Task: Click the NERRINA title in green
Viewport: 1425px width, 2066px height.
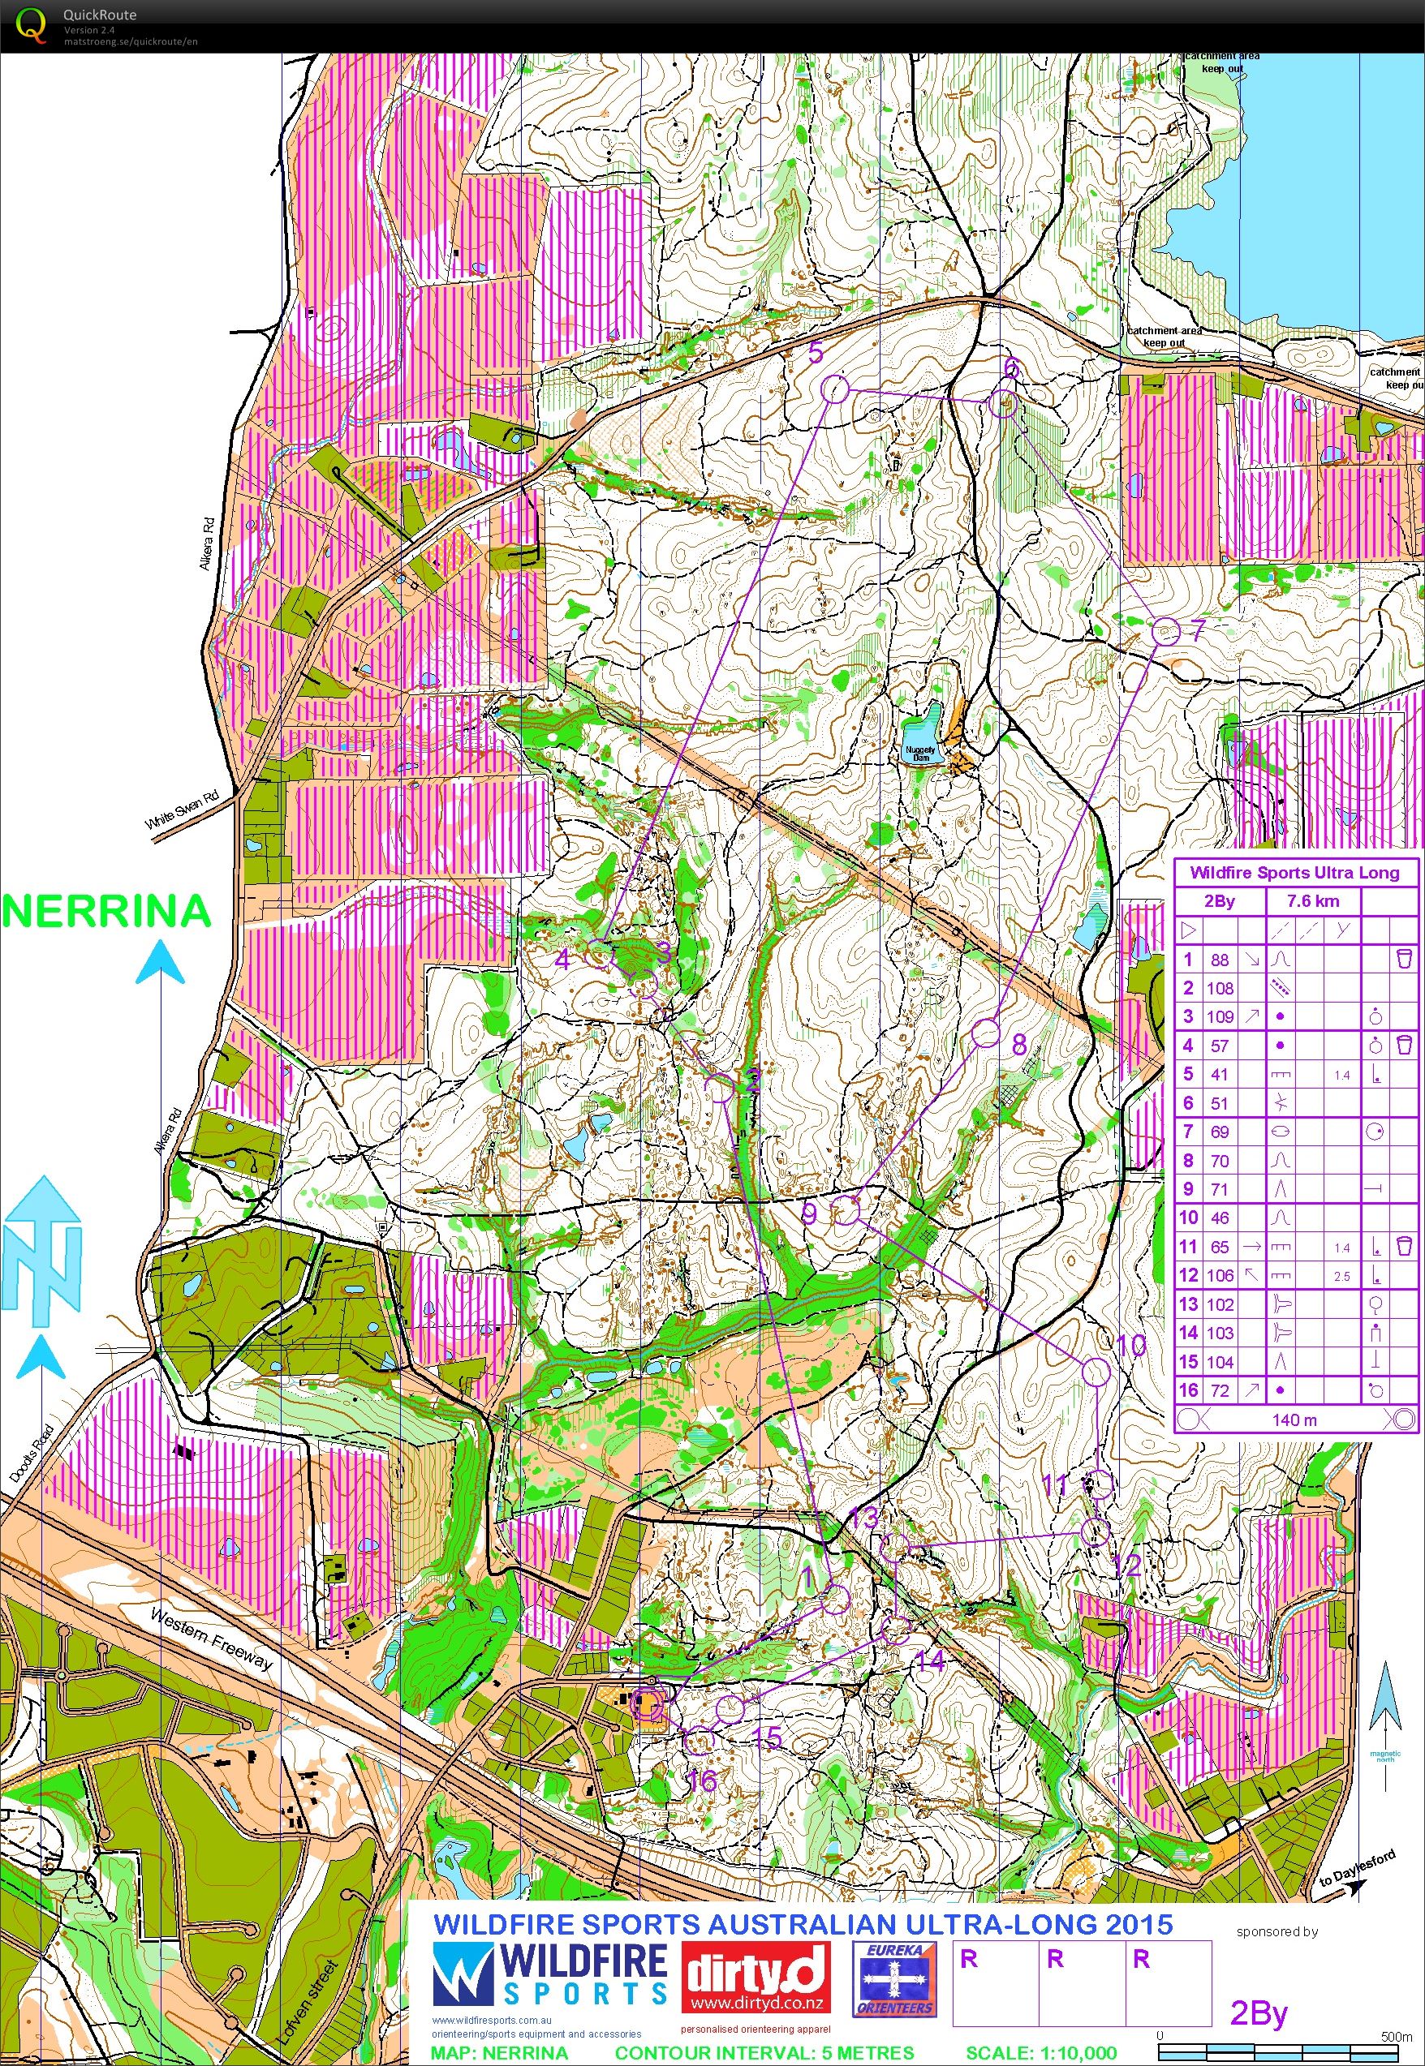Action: [106, 911]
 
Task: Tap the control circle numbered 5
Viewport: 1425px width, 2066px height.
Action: [833, 389]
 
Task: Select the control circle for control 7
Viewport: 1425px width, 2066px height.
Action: [1165, 632]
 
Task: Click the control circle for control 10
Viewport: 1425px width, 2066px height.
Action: [1096, 1372]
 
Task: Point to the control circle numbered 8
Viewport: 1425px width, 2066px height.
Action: [985, 1033]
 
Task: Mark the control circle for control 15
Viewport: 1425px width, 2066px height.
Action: [730, 1708]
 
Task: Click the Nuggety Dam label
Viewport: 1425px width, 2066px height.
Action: [920, 754]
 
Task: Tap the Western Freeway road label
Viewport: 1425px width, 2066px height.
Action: [211, 1639]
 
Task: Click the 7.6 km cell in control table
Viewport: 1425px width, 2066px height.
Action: [1312, 901]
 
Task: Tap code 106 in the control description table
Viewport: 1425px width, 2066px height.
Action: [1220, 1275]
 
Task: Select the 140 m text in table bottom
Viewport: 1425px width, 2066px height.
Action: [1293, 1419]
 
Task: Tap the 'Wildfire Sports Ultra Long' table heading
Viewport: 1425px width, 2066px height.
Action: [1294, 872]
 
